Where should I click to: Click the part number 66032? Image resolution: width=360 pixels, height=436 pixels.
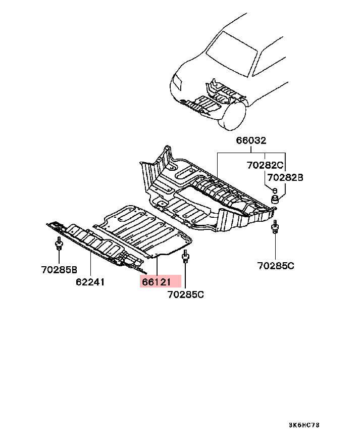251,141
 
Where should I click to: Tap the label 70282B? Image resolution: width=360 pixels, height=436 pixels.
285,177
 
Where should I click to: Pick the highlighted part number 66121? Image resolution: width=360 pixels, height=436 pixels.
160,281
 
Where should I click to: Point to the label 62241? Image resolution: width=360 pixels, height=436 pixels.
90,282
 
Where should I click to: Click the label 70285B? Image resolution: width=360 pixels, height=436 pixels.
59,269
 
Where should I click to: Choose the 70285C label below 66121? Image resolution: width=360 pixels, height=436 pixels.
185,294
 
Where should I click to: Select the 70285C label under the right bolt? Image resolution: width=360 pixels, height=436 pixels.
275,265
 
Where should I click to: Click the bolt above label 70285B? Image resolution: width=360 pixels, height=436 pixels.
59,245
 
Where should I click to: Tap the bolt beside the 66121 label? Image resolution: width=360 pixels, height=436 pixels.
185,258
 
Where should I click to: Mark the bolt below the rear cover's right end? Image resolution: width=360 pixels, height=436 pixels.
275,228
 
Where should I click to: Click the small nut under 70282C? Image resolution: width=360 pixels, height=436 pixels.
275,190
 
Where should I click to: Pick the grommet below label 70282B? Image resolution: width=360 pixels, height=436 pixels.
276,201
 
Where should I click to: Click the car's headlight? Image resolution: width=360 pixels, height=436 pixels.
177,82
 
